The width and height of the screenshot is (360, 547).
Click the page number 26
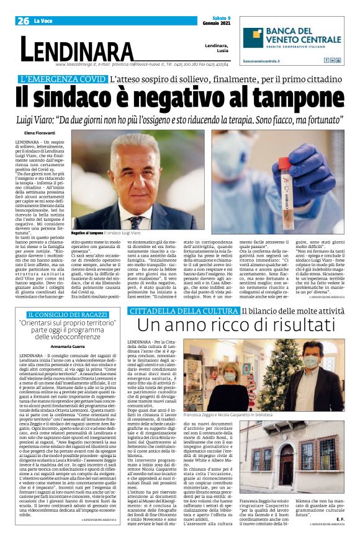point(24,20)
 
